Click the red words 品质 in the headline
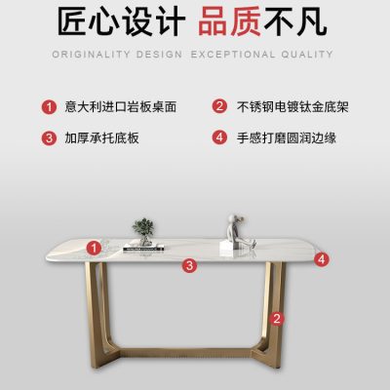[x=229, y=21]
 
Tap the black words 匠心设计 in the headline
[x=121, y=21]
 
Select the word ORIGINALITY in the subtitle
[x=91, y=55]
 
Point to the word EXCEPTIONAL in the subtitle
[x=232, y=55]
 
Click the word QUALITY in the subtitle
[x=307, y=55]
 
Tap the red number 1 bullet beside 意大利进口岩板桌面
[x=49, y=107]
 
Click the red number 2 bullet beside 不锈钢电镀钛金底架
[x=219, y=106]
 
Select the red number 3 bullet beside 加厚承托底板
[x=49, y=137]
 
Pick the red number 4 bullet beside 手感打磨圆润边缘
[x=219, y=137]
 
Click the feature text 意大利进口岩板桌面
[x=121, y=107]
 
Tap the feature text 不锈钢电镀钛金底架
[x=292, y=107]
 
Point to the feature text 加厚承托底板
[x=101, y=137]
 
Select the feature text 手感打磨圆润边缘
[x=287, y=137]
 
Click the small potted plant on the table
[x=143, y=231]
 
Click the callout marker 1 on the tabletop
[x=94, y=249]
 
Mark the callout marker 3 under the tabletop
[x=189, y=265]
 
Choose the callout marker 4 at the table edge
[x=322, y=259]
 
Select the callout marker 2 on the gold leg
[x=277, y=319]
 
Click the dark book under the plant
[x=143, y=249]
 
